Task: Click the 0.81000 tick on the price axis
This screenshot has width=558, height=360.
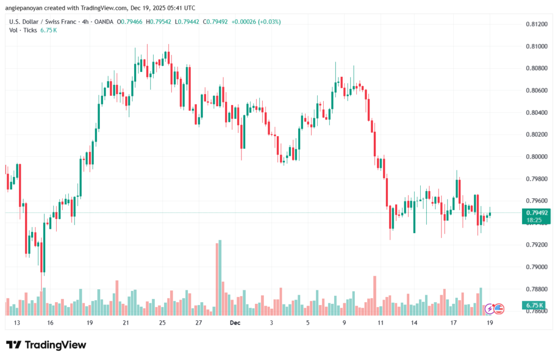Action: point(537,46)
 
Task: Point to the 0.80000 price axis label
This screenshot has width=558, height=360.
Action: point(537,156)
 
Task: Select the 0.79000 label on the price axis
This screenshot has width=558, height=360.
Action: point(537,266)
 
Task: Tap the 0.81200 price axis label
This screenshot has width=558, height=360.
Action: point(537,24)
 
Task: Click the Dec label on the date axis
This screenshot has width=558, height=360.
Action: point(235,322)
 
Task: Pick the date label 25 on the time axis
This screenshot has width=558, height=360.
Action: point(162,322)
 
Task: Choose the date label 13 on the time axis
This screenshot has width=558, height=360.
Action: point(17,322)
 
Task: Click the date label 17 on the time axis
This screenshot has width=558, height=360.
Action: point(453,322)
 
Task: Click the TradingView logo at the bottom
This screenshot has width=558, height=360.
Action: point(46,345)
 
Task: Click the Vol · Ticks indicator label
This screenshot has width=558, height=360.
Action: point(23,30)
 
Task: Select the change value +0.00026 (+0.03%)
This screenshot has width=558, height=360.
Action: point(257,22)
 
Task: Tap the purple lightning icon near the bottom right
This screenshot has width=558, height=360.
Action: point(489,309)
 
